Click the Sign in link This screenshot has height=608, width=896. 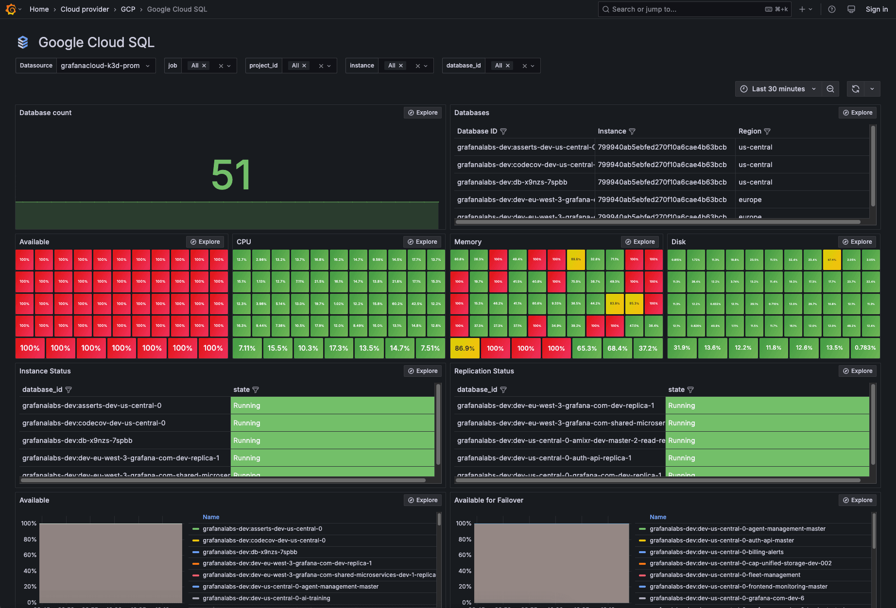tap(876, 9)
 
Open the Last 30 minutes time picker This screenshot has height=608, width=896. tap(778, 89)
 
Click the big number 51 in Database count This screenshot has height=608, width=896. tap(231, 175)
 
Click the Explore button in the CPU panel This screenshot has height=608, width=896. tap(422, 242)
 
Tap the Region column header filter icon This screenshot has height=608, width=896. tap(767, 132)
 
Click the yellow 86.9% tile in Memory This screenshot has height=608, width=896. tap(465, 348)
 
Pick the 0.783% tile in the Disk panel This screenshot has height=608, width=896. tap(865, 348)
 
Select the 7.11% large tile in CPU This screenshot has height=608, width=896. tap(247, 348)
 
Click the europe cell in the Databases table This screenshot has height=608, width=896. tap(750, 200)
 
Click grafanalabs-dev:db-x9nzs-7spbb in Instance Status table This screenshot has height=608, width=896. tap(77, 440)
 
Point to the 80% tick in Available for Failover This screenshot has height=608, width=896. tap(465, 540)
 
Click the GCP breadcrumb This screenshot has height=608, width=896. tap(128, 9)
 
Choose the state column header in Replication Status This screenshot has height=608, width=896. tap(676, 389)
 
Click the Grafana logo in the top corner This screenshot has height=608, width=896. tap(11, 9)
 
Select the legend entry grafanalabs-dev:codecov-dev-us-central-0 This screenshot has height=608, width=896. tap(264, 540)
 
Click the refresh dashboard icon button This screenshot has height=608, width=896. tap(855, 89)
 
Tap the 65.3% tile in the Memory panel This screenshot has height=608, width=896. tap(586, 348)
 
